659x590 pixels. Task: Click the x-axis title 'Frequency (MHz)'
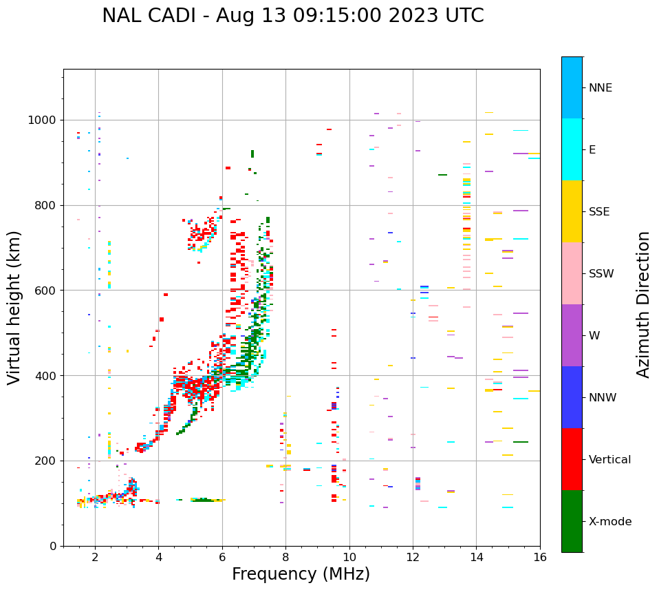[x=301, y=574]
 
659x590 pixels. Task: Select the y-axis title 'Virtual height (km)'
[x=14, y=308]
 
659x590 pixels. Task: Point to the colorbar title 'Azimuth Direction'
[x=643, y=304]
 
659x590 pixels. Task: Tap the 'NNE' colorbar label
[x=600, y=88]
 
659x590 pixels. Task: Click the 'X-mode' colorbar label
[x=609, y=522]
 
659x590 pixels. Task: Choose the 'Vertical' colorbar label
[x=609, y=460]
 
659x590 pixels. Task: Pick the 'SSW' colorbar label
[x=601, y=274]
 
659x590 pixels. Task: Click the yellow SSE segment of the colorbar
[x=572, y=211]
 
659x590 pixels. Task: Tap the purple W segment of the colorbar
[x=572, y=335]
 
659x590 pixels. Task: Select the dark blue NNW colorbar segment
[x=572, y=397]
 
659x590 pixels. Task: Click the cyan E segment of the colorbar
[x=572, y=149]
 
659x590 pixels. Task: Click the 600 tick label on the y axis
[x=45, y=291]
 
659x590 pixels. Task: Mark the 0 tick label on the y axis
[x=53, y=546]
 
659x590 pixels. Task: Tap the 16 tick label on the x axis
[x=540, y=557]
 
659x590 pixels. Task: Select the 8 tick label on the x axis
[x=285, y=557]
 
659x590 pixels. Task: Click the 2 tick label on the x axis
[x=95, y=557]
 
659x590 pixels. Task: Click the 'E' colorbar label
[x=592, y=150]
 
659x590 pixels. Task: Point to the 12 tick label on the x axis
[x=413, y=557]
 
